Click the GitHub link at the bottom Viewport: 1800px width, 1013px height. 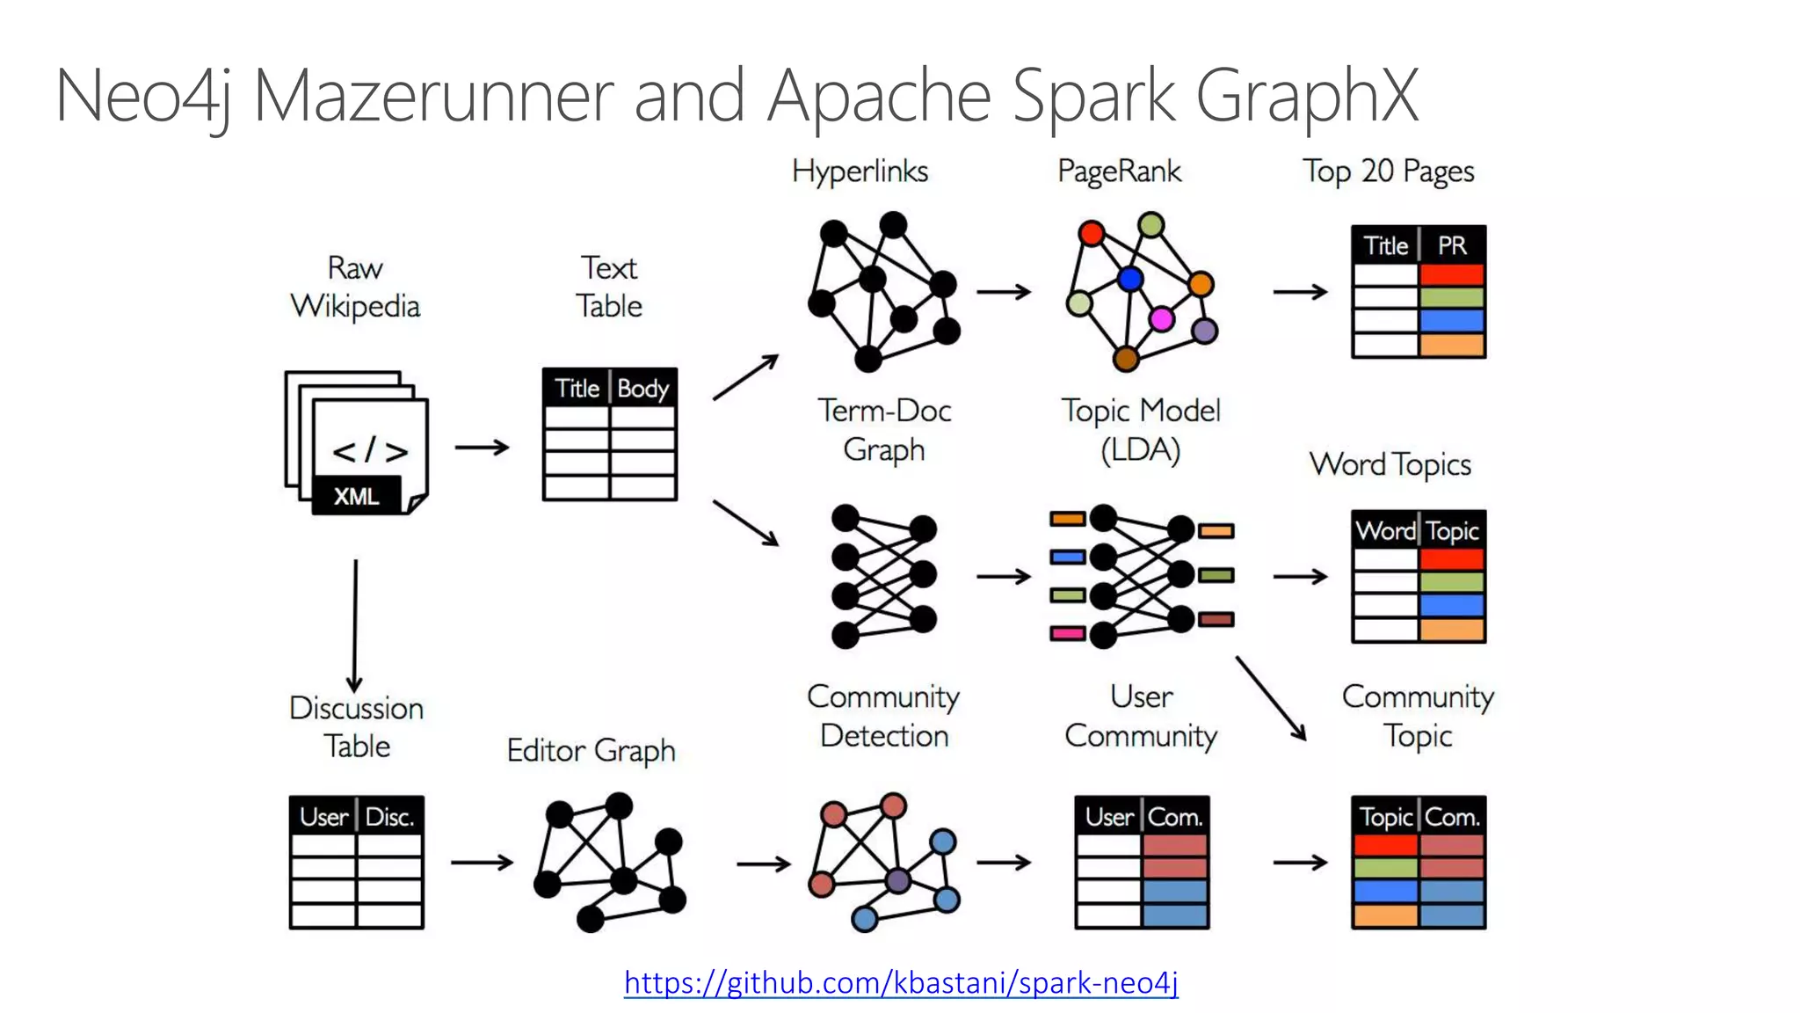(901, 982)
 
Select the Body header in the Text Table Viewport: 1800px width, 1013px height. (642, 388)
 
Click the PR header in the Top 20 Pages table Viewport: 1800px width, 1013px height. (1452, 245)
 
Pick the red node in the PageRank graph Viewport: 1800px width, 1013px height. (1092, 233)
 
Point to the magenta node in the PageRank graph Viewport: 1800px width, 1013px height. (1161, 318)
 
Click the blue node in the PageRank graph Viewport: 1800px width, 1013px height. (1130, 280)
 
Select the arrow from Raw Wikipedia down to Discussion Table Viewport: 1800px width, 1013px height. (355, 624)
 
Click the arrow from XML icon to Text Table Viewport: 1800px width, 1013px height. (482, 448)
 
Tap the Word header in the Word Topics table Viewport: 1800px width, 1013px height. (1385, 530)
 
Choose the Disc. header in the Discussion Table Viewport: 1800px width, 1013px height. (389, 817)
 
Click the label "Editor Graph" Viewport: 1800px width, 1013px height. (591, 750)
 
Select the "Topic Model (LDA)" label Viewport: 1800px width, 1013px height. (1141, 430)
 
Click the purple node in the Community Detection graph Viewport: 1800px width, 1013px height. (897, 879)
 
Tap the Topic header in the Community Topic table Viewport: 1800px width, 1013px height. (1386, 817)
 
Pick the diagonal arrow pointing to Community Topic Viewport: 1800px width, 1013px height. (1271, 698)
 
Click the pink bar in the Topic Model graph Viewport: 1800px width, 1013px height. (1067, 633)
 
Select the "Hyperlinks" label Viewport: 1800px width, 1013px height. (860, 171)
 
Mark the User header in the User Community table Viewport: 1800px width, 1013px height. (1109, 817)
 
